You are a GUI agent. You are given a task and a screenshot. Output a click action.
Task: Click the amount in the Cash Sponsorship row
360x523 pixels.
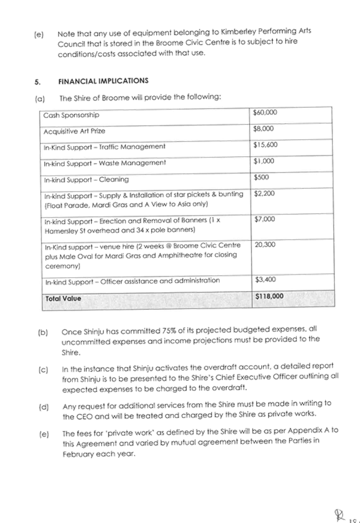pyautogui.click(x=266, y=113)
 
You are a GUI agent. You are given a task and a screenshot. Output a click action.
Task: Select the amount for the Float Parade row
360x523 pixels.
pyautogui.click(x=264, y=194)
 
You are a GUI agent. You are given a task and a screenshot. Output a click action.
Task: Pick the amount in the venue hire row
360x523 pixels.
pyautogui.click(x=264, y=244)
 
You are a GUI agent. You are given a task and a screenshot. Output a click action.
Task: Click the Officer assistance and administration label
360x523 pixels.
pyautogui.click(x=133, y=281)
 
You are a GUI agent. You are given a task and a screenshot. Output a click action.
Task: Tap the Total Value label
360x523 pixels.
pyautogui.click(x=62, y=299)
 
